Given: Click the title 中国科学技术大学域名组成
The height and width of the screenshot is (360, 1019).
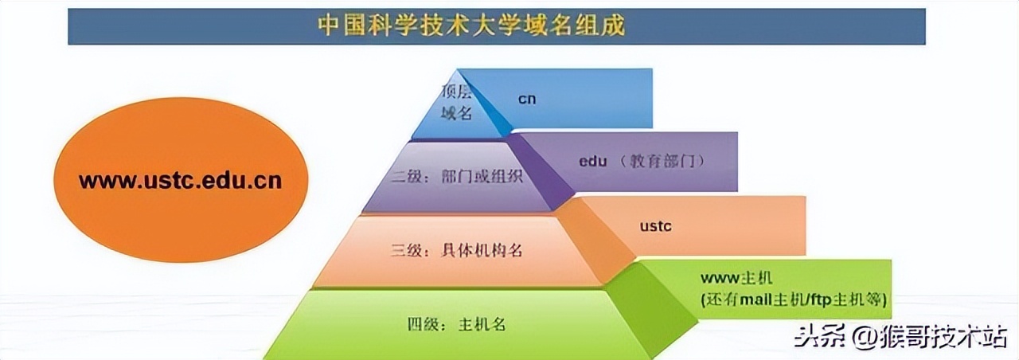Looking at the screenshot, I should tap(471, 25).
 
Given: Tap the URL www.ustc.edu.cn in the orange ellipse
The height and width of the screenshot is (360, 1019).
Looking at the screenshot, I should tap(180, 181).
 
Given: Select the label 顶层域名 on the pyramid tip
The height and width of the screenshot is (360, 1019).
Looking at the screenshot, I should tap(457, 102).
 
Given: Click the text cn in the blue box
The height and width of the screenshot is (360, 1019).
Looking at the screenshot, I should tap(527, 99).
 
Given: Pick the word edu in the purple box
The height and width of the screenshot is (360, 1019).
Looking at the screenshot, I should tap(593, 161).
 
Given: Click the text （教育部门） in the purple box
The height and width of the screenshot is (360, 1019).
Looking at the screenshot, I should tap(662, 162).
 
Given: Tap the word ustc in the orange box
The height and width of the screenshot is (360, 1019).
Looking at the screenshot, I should tap(656, 226).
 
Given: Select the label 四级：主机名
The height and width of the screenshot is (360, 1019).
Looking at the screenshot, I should tap(459, 325).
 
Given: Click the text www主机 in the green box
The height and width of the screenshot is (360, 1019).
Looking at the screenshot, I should tap(736, 279).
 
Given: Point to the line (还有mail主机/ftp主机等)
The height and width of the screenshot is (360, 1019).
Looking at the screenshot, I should tap(794, 299).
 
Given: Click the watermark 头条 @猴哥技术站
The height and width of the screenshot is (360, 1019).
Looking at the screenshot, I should tap(900, 338).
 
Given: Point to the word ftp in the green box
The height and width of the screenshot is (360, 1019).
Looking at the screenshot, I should tap(821, 300).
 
